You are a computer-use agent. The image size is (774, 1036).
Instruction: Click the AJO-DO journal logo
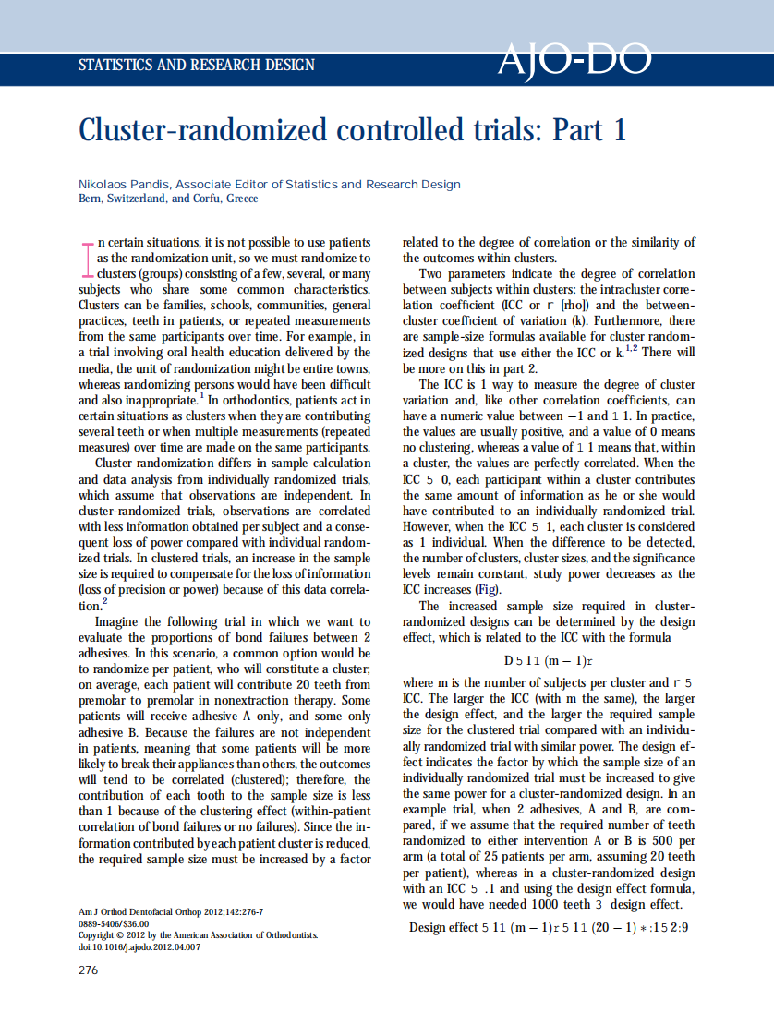(574, 61)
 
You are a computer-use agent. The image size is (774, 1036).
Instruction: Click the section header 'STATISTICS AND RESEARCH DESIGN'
(197, 66)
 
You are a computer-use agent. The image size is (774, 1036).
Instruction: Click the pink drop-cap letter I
(89, 256)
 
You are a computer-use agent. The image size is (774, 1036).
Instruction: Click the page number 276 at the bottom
(89, 970)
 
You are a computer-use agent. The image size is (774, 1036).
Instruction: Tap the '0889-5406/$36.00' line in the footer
(115, 923)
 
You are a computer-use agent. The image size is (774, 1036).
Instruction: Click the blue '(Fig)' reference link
(488, 589)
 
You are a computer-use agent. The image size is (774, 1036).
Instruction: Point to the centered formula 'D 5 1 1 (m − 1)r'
(548, 661)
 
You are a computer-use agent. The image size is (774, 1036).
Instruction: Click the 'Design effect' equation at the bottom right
(550, 927)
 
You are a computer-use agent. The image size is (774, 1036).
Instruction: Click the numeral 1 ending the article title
(619, 130)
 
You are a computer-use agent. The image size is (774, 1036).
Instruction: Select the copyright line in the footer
(198, 935)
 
